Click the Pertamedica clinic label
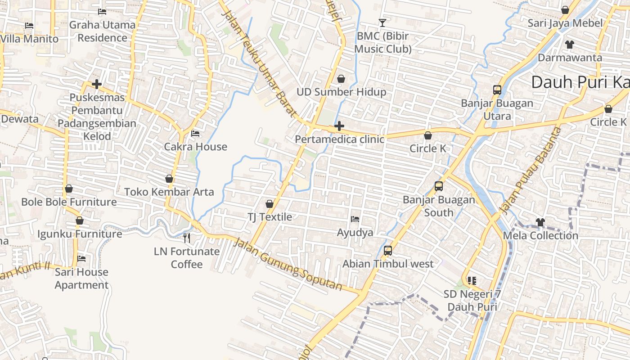(339, 139)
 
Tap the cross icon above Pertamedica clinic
(339, 126)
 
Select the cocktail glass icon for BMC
(382, 22)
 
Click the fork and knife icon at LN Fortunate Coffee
(187, 238)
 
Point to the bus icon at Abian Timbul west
(388, 251)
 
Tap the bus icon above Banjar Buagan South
(439, 186)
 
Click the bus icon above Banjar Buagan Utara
(497, 90)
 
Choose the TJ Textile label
(270, 217)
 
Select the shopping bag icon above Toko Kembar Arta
(169, 179)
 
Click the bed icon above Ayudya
(355, 219)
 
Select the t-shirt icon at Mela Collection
(540, 222)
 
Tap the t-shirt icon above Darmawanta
(570, 44)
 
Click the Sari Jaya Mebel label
(565, 23)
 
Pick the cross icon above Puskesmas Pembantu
(96, 84)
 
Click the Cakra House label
(195, 147)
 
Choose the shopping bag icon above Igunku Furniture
(80, 220)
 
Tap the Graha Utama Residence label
(102, 31)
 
